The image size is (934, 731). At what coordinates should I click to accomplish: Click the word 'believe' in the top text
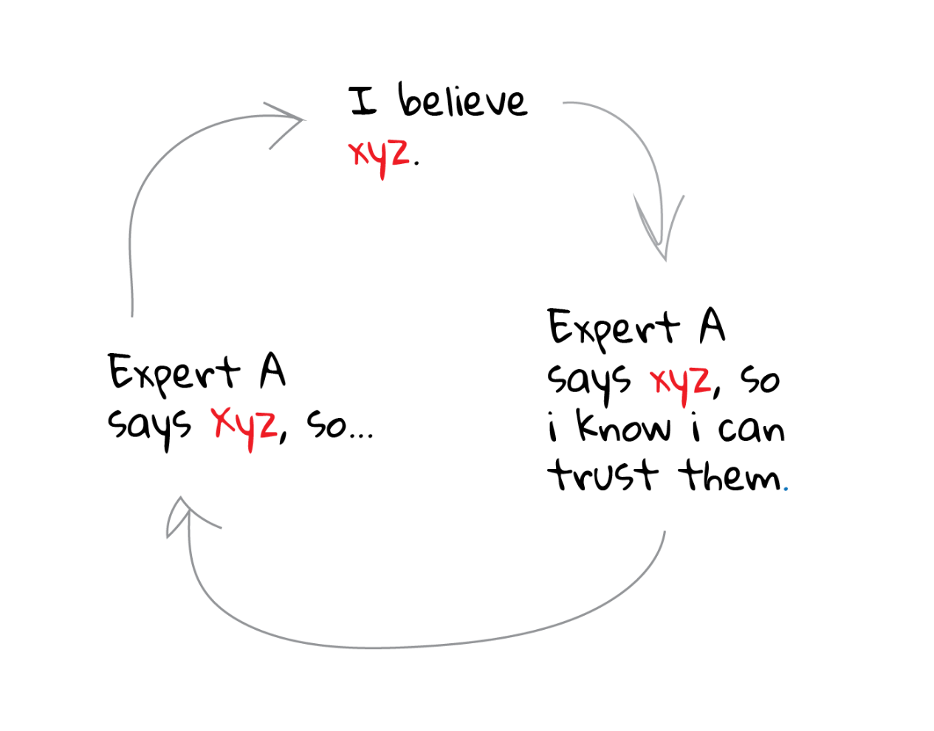tap(463, 101)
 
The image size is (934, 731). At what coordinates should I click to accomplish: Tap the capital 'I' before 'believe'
tap(363, 102)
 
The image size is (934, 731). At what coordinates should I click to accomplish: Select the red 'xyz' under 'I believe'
tap(379, 154)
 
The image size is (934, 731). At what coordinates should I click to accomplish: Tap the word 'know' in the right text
tap(623, 428)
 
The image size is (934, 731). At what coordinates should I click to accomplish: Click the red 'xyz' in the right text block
tap(680, 382)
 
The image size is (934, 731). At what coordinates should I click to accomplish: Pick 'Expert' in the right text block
tap(613, 329)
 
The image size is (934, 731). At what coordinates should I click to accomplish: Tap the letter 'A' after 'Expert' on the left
tap(272, 371)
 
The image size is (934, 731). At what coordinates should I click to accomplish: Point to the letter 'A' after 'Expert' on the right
tap(712, 326)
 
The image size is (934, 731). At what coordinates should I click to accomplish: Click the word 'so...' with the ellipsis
tap(340, 427)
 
